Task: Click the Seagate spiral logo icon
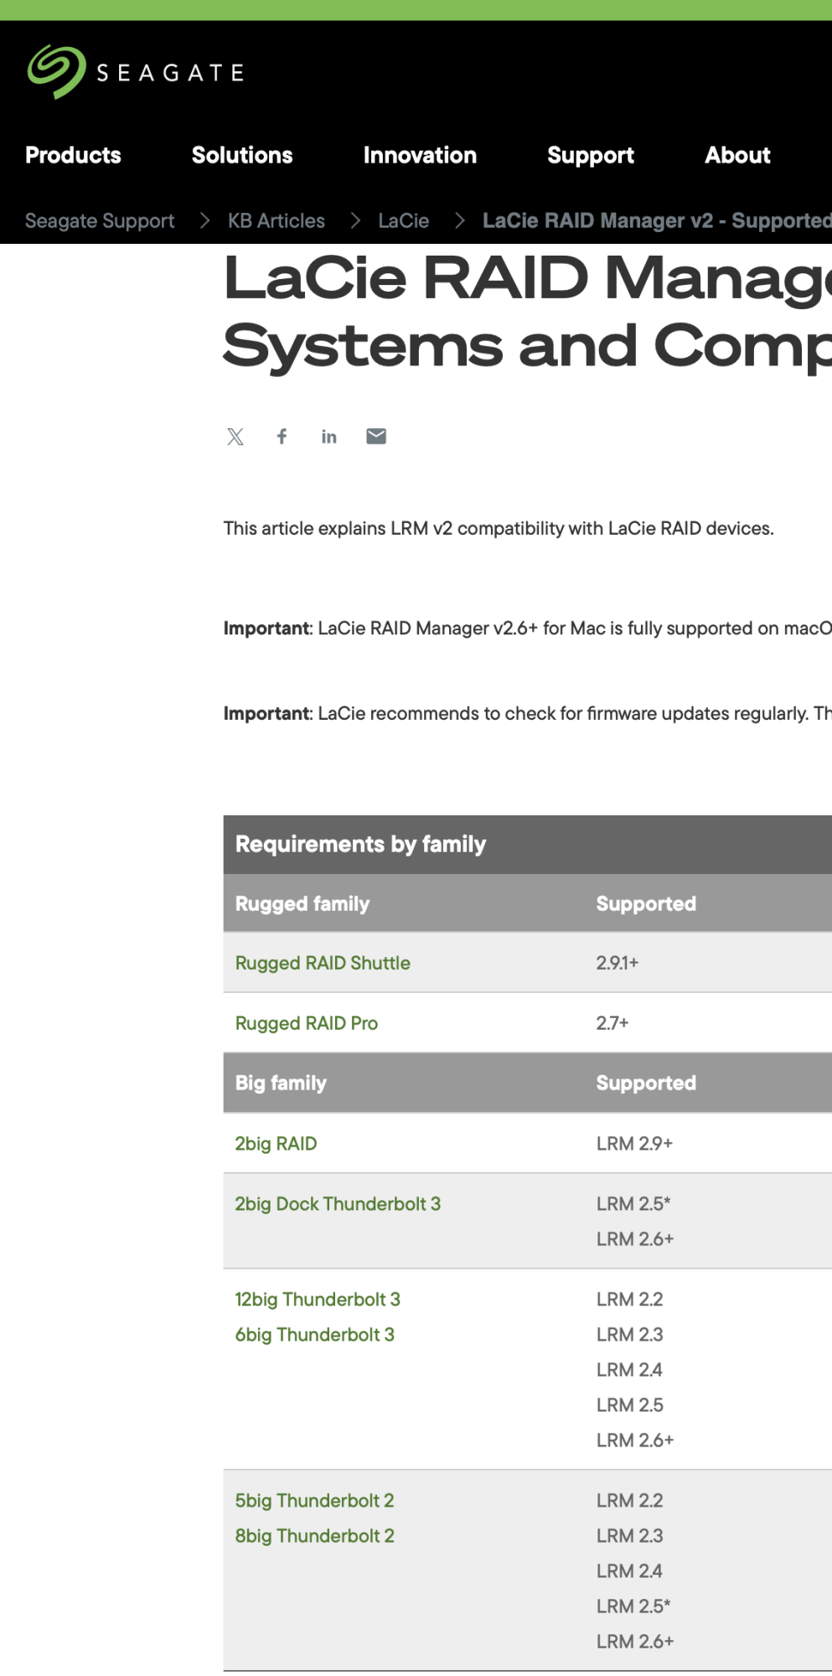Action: [56, 71]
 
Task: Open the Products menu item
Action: [73, 155]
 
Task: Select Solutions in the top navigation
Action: [242, 155]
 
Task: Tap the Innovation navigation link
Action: [420, 155]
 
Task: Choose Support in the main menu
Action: [591, 155]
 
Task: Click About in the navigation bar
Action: [737, 155]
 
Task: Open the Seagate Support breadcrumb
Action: [100, 220]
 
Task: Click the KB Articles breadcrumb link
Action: [276, 220]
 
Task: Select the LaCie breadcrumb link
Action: [403, 220]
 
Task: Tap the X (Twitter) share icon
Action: [235, 437]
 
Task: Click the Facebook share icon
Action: [282, 437]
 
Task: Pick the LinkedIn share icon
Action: [329, 437]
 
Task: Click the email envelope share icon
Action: [376, 437]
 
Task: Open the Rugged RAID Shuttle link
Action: [323, 963]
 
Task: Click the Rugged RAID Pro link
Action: [307, 1023]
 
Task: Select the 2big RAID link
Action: [276, 1144]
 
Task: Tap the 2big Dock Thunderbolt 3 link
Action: [338, 1204]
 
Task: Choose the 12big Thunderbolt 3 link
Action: [318, 1300]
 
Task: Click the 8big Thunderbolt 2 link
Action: [314, 1536]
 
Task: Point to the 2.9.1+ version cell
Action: [618, 963]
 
